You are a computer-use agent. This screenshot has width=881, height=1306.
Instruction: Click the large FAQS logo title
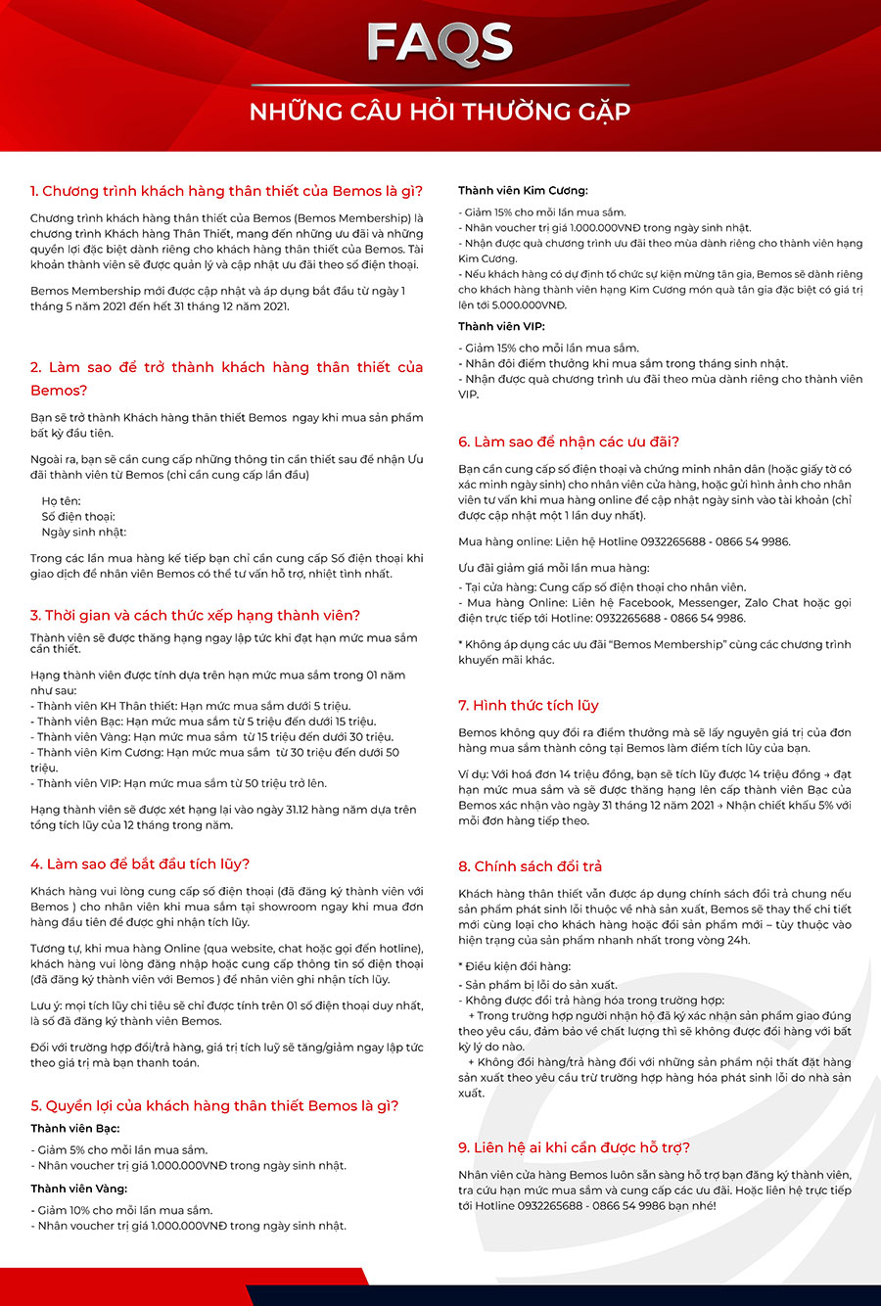(x=440, y=43)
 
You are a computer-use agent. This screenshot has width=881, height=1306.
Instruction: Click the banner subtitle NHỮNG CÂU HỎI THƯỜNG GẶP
(x=440, y=111)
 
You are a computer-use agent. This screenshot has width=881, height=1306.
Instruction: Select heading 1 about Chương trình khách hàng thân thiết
(x=226, y=191)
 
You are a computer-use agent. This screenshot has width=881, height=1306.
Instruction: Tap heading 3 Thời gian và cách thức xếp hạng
(x=195, y=615)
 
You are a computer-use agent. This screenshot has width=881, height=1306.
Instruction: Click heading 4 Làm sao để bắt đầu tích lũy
(x=140, y=863)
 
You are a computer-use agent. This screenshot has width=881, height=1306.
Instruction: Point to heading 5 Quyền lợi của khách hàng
(x=214, y=1105)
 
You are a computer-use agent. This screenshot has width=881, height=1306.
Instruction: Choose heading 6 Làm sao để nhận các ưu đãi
(x=569, y=442)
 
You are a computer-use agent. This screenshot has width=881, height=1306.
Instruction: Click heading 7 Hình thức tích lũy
(x=529, y=705)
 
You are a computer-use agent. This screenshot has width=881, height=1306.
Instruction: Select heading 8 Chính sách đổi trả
(x=531, y=866)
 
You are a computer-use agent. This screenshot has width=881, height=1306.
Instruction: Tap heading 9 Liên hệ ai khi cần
(x=575, y=1147)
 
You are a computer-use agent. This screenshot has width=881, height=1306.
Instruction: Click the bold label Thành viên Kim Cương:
(x=523, y=191)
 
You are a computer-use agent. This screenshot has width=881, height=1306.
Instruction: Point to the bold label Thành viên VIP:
(x=501, y=326)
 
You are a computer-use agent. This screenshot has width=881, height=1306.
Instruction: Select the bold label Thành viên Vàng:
(x=79, y=1189)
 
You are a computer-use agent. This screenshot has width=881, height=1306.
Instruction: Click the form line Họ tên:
(x=61, y=501)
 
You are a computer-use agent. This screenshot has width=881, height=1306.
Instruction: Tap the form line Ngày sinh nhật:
(x=83, y=533)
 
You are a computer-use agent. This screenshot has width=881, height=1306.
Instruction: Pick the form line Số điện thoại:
(x=78, y=517)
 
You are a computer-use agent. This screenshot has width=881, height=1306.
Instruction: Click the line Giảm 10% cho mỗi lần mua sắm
(x=121, y=1210)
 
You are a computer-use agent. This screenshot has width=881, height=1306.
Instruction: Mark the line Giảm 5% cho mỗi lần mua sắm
(x=118, y=1150)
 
